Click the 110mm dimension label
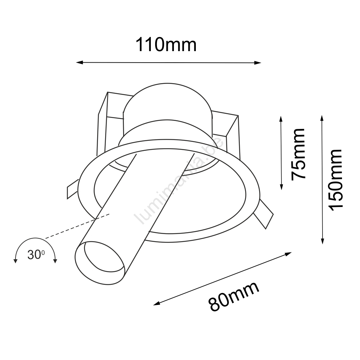(166, 45)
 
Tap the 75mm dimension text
(298, 154)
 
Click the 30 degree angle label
(36, 255)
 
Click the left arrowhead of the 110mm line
(79, 62)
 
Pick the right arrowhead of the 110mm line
(258, 63)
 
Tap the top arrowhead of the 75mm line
(281, 120)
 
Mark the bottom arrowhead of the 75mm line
(282, 186)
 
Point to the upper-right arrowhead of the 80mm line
(288, 254)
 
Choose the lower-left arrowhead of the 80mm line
(157, 303)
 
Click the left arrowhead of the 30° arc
(15, 261)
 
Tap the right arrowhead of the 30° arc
(55, 261)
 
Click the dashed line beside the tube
(77, 226)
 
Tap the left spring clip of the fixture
(73, 189)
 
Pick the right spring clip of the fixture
(264, 214)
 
